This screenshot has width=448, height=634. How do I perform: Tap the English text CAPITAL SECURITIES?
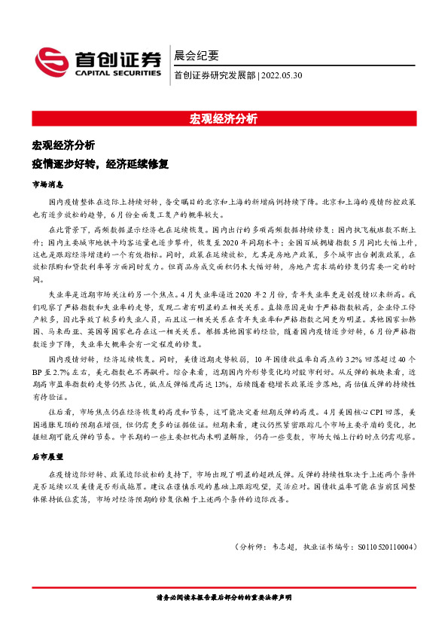coord(117,74)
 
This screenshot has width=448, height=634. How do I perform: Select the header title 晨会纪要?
coord(196,55)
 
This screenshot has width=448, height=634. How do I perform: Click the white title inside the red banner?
coord(224,119)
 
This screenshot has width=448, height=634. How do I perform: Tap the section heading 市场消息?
coord(47,184)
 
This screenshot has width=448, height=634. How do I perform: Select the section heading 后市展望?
coord(47,457)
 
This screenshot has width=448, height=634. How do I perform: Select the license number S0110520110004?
coord(384,547)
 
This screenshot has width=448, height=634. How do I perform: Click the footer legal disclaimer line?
coord(224,597)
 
